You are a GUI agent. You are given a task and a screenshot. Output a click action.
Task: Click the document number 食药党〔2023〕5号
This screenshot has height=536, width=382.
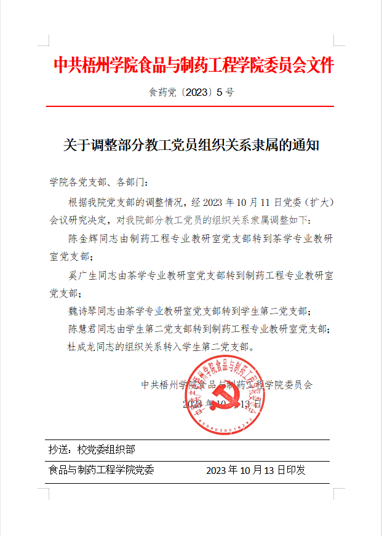(191, 93)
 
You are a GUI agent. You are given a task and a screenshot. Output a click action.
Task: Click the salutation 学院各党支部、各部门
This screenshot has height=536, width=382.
(98, 182)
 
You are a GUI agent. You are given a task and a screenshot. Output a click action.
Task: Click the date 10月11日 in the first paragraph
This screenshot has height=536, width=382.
(255, 202)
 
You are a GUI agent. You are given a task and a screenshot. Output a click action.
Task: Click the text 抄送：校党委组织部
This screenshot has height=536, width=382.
(92, 450)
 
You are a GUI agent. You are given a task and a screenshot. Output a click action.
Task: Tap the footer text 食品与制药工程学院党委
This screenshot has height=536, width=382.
(101, 470)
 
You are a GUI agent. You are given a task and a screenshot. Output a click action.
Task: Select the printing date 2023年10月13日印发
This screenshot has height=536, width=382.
(255, 470)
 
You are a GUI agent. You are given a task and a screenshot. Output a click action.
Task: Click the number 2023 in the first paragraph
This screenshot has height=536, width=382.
(215, 202)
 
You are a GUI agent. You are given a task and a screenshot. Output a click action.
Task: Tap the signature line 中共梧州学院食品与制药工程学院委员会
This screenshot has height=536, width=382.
(227, 385)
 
